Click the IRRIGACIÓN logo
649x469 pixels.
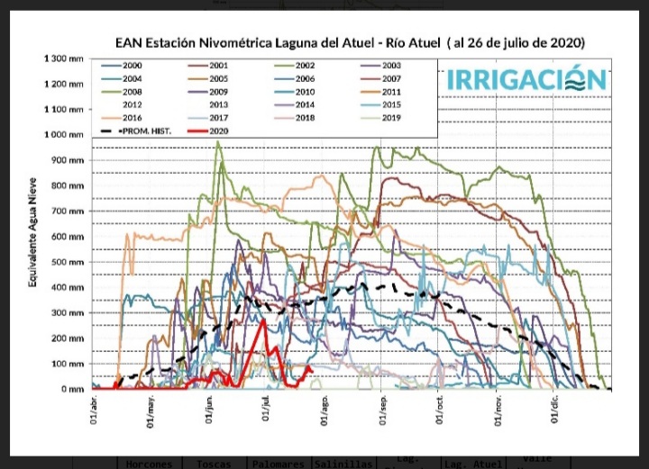[527, 79]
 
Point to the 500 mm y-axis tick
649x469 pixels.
[70, 262]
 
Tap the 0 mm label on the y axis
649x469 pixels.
[76, 389]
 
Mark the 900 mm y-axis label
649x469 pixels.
[70, 160]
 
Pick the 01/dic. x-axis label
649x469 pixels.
[555, 411]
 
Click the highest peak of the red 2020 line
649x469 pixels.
[262, 320]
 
